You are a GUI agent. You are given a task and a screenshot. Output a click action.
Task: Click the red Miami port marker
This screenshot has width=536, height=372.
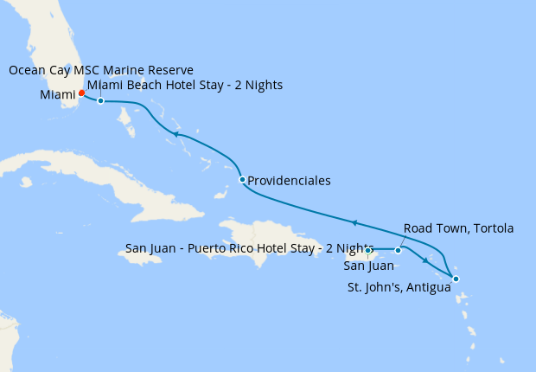81,93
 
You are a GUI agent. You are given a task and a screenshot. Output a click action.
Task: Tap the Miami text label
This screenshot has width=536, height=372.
57,94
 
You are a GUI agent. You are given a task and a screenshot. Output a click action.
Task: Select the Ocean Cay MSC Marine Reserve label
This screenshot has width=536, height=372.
101,69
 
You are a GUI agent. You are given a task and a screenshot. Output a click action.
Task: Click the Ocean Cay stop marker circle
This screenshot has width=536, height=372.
101,101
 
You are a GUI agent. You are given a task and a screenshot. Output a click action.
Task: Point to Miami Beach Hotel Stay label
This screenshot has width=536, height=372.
185,85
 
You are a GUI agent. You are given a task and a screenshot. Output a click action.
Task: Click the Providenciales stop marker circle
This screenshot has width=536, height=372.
242,180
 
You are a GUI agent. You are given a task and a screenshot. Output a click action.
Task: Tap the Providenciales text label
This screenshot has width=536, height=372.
289,181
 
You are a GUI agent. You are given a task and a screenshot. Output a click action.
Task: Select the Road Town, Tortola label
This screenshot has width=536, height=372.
458,228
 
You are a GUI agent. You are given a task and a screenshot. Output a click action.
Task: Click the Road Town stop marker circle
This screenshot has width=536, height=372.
399,251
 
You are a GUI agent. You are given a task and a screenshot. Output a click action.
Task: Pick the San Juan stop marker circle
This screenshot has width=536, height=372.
367,251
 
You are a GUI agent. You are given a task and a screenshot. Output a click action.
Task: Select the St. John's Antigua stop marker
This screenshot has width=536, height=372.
456,279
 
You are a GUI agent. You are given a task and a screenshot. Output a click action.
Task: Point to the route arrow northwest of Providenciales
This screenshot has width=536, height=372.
175,134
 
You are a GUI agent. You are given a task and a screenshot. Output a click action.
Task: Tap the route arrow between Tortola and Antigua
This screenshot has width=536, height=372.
424,260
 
